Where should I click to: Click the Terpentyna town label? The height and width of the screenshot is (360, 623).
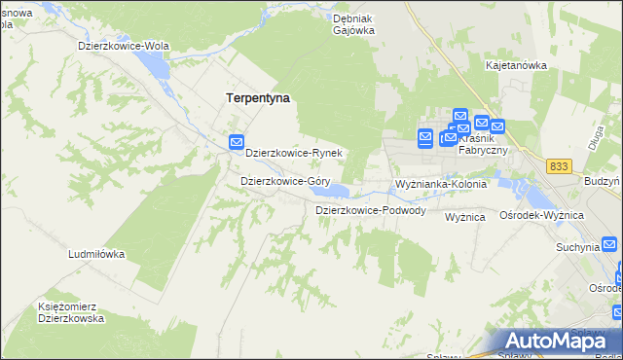(x=258, y=98)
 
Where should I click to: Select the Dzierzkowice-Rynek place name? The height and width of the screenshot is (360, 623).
(x=293, y=153)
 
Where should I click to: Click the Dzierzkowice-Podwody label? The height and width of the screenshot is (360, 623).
(x=370, y=210)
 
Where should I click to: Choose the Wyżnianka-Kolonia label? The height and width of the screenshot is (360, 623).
(x=440, y=184)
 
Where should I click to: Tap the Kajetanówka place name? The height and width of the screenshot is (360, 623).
(x=516, y=66)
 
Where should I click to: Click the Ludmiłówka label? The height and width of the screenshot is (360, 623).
(x=96, y=254)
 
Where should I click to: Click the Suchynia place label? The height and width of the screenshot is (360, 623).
(x=577, y=247)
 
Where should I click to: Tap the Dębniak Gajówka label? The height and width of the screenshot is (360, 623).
(x=353, y=24)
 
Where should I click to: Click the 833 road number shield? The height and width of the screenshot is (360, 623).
(x=558, y=166)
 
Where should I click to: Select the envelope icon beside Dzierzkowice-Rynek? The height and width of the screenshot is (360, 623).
(x=236, y=143)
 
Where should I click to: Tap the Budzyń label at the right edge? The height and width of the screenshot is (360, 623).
(x=604, y=182)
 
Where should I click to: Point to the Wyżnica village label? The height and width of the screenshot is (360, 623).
(x=465, y=217)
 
